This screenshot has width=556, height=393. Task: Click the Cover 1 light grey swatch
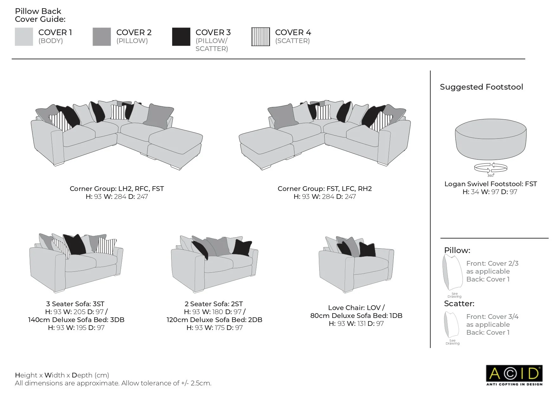click(x=24, y=37)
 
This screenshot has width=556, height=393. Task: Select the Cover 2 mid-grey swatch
click(x=102, y=37)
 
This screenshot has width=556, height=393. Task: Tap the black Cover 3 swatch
click(x=181, y=37)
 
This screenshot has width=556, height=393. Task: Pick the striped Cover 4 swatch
click(x=261, y=37)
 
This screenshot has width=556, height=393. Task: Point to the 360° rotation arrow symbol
click(x=490, y=168)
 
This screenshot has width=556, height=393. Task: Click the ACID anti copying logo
click(x=514, y=375)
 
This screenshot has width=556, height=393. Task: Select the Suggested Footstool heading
click(x=481, y=87)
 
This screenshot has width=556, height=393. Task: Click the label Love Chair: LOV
click(x=356, y=307)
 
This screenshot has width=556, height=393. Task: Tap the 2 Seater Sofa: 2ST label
click(x=214, y=304)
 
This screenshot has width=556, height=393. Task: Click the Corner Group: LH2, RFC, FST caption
click(x=117, y=189)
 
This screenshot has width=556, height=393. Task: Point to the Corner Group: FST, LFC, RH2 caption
click(x=325, y=189)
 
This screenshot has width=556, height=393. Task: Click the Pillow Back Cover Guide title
click(x=40, y=15)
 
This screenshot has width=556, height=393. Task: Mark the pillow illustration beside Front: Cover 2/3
click(x=453, y=272)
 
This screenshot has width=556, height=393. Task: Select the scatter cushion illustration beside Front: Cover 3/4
click(x=452, y=325)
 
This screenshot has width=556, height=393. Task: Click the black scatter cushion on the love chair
click(x=367, y=250)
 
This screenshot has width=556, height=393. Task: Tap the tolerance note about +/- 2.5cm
click(x=113, y=383)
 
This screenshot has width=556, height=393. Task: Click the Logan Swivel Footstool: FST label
click(x=490, y=184)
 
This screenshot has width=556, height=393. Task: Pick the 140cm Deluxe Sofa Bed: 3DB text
click(x=76, y=320)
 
